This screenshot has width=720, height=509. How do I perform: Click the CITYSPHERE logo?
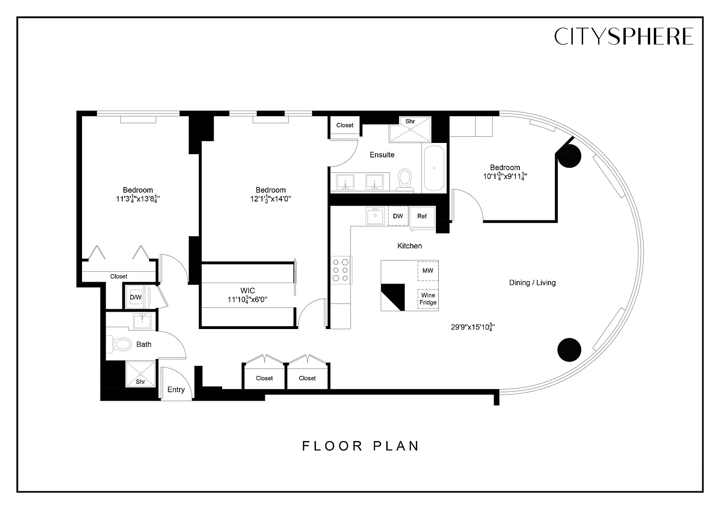(x=623, y=36)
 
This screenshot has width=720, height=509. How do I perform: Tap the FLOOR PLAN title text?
(x=360, y=446)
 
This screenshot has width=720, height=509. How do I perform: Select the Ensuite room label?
(x=382, y=155)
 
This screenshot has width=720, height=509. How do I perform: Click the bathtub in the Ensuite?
(x=434, y=168)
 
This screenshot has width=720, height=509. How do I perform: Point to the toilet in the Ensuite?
(x=405, y=180)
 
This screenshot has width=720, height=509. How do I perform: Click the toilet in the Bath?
(x=120, y=344)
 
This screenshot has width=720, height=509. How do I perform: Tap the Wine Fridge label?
(x=428, y=299)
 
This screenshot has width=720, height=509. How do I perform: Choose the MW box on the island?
(x=428, y=271)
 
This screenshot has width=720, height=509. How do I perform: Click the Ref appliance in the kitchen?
(x=422, y=217)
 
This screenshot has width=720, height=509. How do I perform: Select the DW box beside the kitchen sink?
(x=398, y=216)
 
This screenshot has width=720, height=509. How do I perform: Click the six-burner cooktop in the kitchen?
(x=341, y=270)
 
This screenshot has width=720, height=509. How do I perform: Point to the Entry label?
(x=176, y=390)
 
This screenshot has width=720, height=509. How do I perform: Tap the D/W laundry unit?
(x=136, y=297)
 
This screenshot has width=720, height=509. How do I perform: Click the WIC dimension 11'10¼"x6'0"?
(x=247, y=300)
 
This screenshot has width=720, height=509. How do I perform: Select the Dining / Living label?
(x=532, y=283)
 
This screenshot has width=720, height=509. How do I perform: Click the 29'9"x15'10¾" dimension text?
(x=472, y=328)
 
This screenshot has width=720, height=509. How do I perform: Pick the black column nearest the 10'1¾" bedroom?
(x=569, y=156)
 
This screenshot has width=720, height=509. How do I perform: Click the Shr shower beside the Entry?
(x=141, y=374)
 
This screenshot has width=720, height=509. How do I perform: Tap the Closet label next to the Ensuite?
(x=345, y=125)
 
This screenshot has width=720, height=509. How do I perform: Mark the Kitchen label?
(x=410, y=246)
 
